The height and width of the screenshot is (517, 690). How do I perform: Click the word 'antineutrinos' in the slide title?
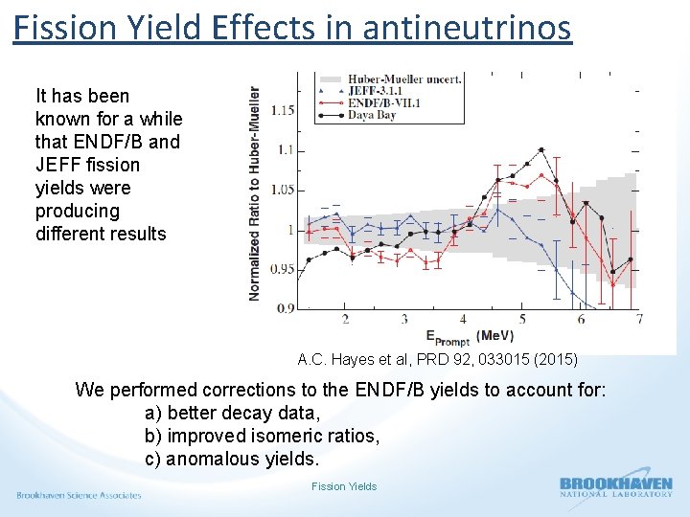coord(467,27)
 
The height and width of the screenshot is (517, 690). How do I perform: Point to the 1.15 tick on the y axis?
coord(282,110)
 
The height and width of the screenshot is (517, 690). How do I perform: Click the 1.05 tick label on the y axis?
coord(282,190)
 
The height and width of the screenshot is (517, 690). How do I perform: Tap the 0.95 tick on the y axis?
coord(282,269)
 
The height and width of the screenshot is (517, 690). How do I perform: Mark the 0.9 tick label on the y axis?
coord(285,308)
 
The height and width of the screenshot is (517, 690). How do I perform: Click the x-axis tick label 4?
coord(463,319)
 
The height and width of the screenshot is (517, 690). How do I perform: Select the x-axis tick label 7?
coord(638,319)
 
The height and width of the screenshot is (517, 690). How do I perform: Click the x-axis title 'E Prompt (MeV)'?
coord(469,337)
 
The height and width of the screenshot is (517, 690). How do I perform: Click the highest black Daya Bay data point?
coord(541,149)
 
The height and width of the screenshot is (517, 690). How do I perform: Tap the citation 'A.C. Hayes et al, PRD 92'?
coord(437,360)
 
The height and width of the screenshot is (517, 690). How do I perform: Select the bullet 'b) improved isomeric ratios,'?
coord(262,436)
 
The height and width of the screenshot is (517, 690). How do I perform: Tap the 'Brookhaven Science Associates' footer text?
coord(79,495)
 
